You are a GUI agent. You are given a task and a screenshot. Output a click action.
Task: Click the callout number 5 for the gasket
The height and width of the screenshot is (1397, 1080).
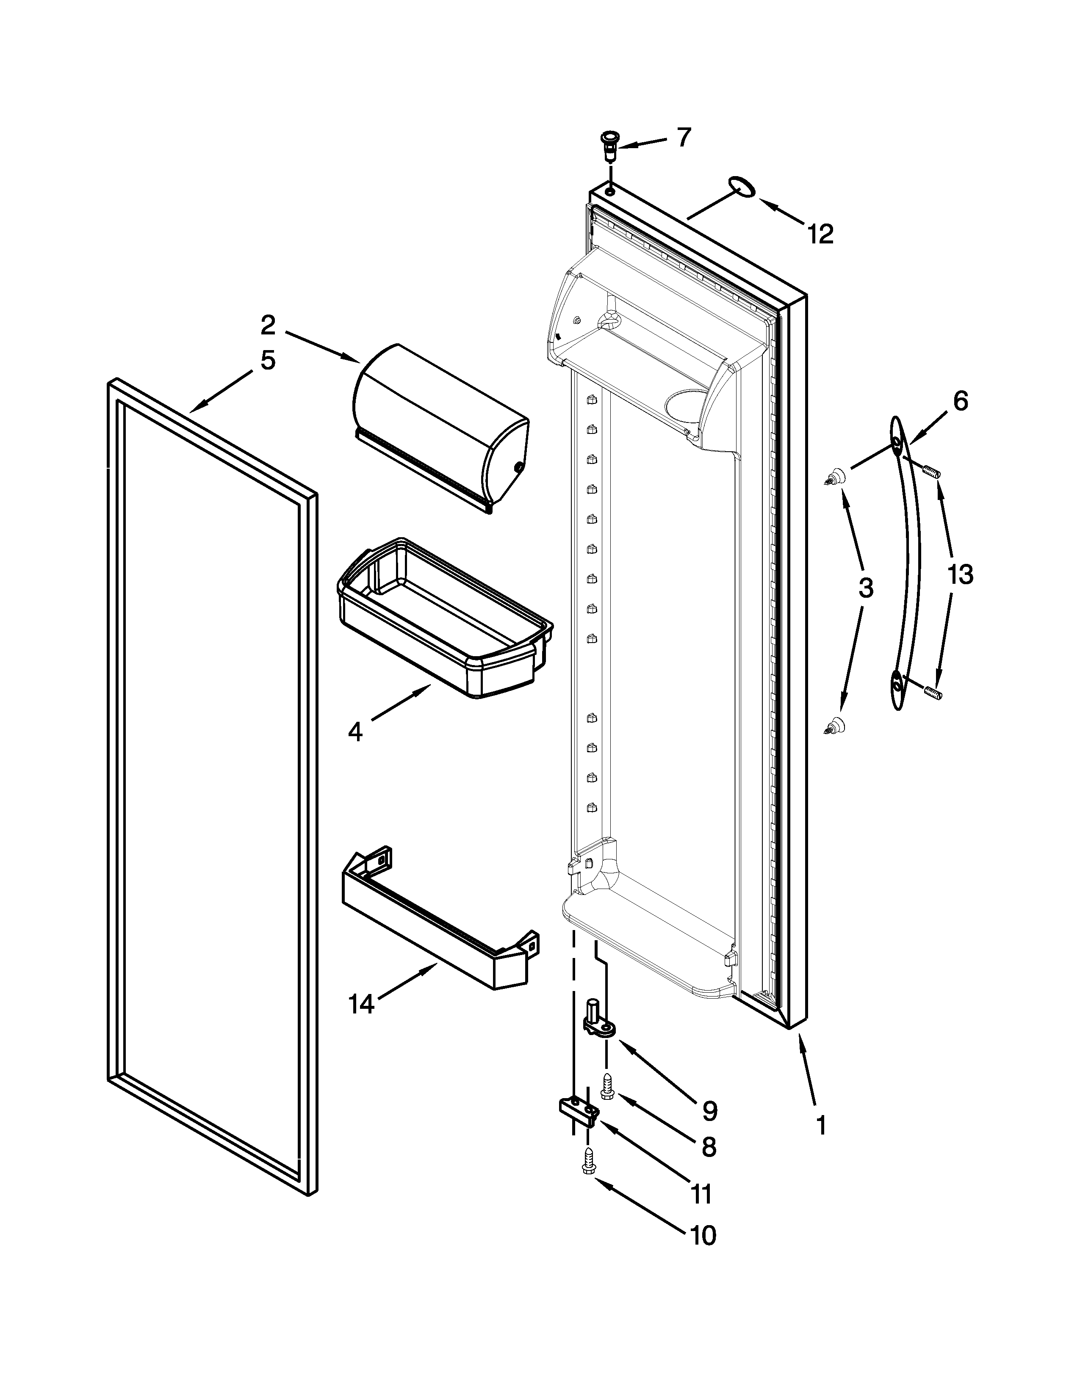pyautogui.click(x=267, y=360)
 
